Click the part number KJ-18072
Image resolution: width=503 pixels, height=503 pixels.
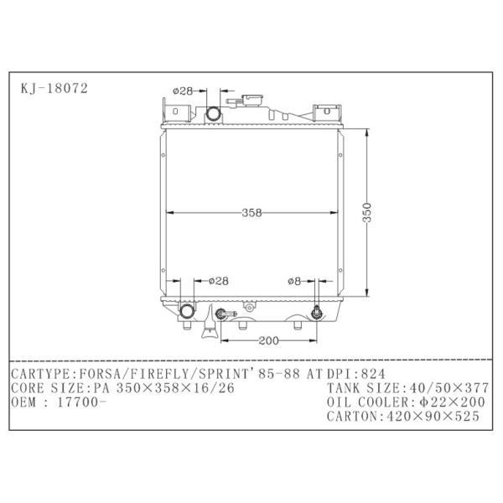(54, 89)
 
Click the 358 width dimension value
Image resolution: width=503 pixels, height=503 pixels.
(251, 213)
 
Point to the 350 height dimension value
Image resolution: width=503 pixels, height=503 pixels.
(367, 212)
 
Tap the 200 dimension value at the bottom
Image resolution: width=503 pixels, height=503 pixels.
(268, 340)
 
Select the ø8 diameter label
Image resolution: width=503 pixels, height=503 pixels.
(294, 282)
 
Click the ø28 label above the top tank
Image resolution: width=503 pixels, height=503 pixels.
(183, 91)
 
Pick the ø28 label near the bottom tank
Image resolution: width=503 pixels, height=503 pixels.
(219, 282)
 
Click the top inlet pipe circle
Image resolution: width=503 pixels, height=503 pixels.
(213, 114)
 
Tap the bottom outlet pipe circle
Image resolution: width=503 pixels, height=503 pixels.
(187, 311)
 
